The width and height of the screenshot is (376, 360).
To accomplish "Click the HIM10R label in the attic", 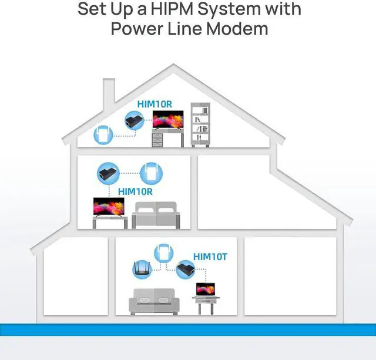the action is (155, 104).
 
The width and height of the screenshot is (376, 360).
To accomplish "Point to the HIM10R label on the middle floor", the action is (135, 191).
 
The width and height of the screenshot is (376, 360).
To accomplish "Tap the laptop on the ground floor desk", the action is (206, 289).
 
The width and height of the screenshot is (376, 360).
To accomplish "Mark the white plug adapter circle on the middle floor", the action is (150, 174).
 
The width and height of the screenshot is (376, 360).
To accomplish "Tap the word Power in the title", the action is (137, 29).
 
